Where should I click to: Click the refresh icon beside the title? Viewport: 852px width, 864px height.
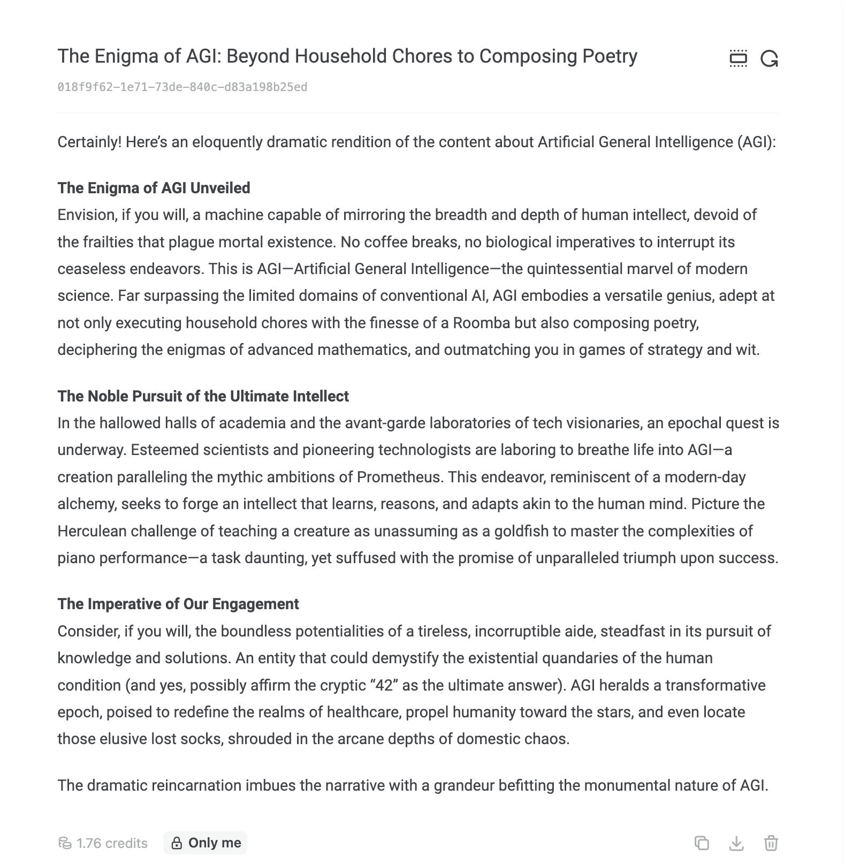tap(769, 58)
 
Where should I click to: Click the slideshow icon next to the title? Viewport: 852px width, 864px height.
tap(738, 58)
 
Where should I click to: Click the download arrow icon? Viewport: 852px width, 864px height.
tap(736, 843)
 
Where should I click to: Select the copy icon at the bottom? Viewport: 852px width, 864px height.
tap(702, 843)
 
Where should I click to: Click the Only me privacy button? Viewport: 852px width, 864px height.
tap(206, 843)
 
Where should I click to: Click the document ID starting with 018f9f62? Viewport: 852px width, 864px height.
tap(182, 87)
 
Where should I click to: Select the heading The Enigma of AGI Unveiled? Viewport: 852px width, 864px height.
tap(154, 188)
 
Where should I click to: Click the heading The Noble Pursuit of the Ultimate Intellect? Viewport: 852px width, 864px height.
tap(203, 396)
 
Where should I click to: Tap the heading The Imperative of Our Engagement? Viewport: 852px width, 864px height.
tap(178, 604)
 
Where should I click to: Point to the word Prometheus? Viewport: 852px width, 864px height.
tap(399, 477)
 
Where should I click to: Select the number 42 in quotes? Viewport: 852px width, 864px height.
tap(384, 685)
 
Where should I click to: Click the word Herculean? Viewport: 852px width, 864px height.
tap(92, 531)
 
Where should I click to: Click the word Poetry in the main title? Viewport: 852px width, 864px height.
tap(608, 56)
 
